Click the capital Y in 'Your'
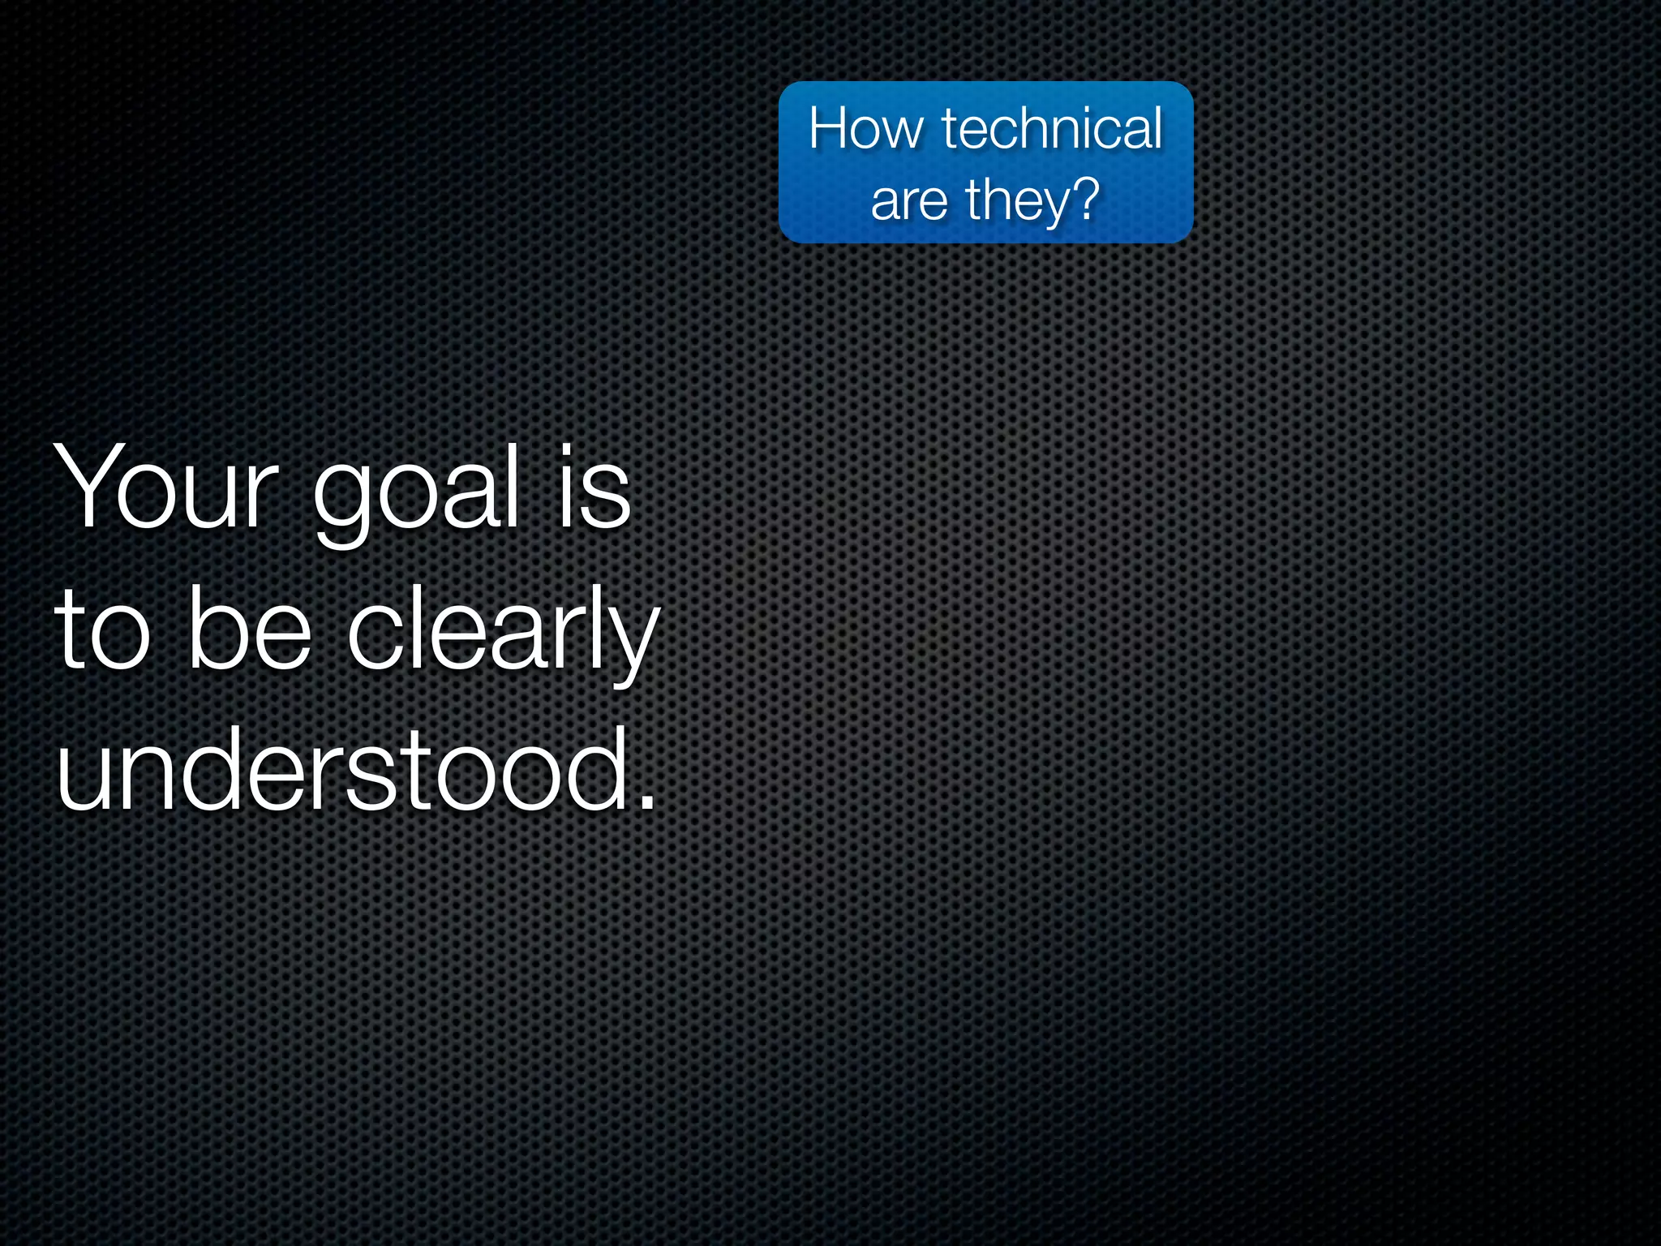84,486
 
